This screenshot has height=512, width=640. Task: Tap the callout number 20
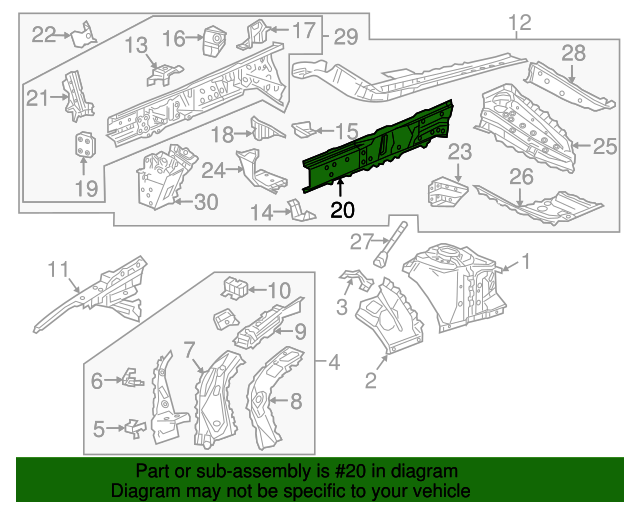342,210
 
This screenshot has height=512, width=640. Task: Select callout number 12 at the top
520,23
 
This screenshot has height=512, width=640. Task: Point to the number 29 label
345,37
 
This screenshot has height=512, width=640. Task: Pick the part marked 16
212,40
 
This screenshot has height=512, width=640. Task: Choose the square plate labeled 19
86,145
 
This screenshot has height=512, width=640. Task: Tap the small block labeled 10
236,287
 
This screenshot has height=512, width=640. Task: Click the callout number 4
334,361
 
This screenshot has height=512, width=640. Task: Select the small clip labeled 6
128,378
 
